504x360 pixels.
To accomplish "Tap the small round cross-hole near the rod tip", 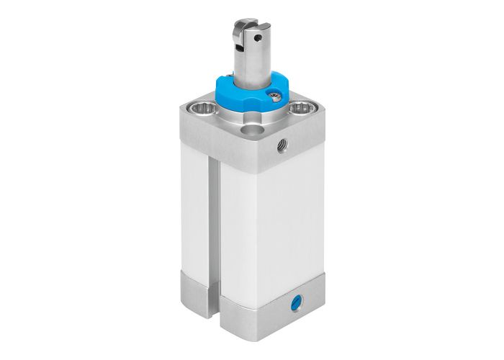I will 254,31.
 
